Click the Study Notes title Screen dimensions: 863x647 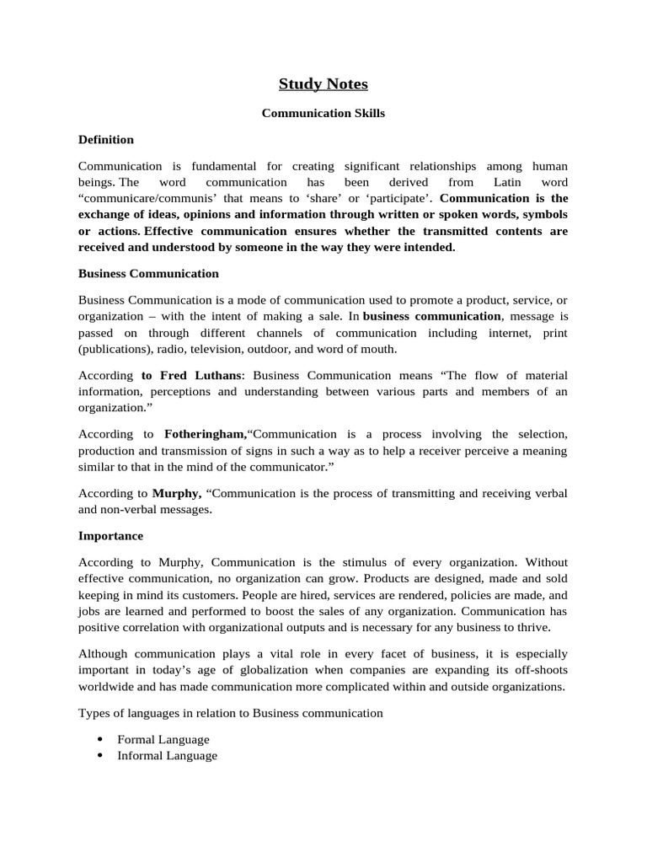[323, 84]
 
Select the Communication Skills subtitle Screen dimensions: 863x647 [323, 113]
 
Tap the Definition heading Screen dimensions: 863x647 [106, 139]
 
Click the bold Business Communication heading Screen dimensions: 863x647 [148, 273]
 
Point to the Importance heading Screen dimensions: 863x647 [110, 535]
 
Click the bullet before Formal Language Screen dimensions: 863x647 [100, 739]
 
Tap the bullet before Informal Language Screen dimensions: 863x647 [100, 756]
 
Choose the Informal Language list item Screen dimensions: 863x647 [167, 756]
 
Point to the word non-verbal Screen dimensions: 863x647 [133, 509]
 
